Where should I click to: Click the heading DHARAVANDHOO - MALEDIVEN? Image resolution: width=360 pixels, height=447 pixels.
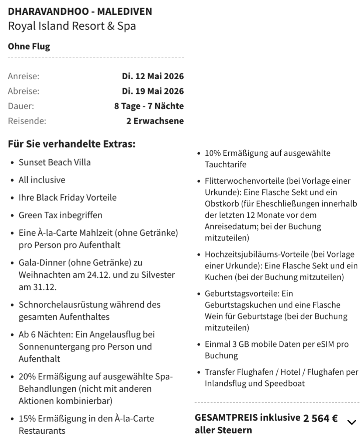80,11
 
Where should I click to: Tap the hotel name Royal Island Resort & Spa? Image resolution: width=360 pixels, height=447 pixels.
72,26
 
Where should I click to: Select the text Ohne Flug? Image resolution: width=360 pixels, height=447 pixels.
29,46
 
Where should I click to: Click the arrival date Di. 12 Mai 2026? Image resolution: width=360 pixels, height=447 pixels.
153,76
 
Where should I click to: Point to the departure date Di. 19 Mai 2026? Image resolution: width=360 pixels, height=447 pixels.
153,91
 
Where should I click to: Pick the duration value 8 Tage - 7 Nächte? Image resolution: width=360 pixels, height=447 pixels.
149,106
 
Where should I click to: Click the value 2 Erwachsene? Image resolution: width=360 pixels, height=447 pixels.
155,121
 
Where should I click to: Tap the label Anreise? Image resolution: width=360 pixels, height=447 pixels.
24,76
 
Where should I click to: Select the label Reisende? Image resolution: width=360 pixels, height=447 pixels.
27,121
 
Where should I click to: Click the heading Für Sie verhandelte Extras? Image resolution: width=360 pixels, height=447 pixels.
72,143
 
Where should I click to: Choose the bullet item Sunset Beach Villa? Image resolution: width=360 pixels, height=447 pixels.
55,162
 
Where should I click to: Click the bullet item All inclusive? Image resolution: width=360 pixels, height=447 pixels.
42,180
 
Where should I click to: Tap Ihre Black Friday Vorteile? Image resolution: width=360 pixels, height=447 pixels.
67,198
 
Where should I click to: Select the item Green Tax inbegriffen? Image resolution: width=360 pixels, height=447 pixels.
60,215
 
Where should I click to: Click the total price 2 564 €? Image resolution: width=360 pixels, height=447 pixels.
320,419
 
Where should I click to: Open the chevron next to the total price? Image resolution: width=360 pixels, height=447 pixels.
352,422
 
